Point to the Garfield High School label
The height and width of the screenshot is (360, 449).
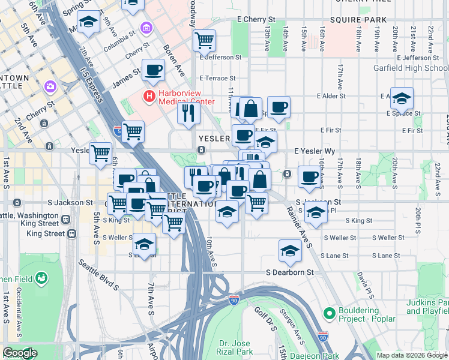[x=418, y=68]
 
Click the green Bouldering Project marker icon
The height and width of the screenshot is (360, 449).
[x=328, y=313]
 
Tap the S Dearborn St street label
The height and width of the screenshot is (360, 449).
[x=290, y=272]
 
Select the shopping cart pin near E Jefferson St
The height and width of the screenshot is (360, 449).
[x=204, y=40]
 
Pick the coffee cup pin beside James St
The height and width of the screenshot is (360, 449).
[x=153, y=70]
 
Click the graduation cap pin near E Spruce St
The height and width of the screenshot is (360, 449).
[x=402, y=97]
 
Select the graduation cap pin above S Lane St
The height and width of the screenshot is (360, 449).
[x=290, y=250]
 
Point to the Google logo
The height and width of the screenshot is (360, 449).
[x=20, y=353]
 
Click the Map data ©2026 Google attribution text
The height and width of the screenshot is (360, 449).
[x=411, y=355]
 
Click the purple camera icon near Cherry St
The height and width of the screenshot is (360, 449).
[x=49, y=86]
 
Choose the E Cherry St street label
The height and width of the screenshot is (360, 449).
[x=256, y=19]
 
